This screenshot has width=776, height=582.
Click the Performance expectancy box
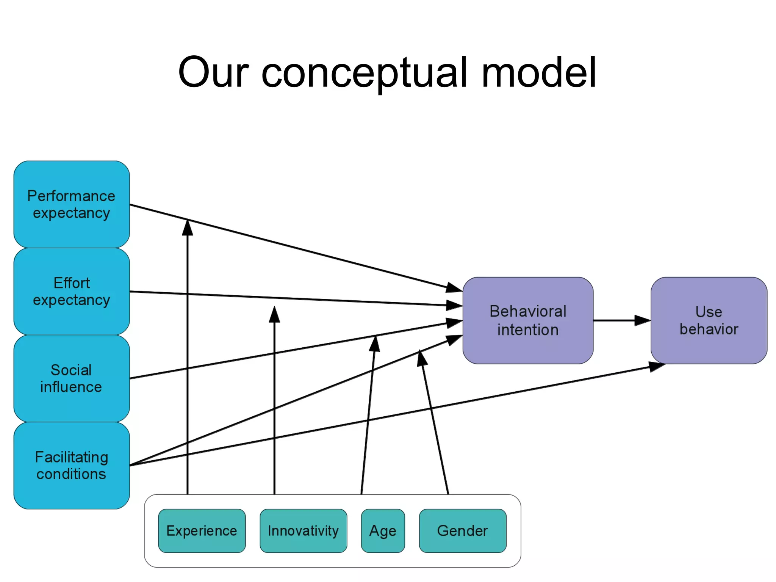click(72, 204)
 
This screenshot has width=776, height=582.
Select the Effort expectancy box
click(72, 291)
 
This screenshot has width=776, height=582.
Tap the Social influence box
click(72, 378)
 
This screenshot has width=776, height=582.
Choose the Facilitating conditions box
click(72, 465)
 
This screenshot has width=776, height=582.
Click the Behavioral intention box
click(527, 320)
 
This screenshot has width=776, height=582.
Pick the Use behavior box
click(709, 320)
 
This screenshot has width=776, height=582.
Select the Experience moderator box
click(202, 530)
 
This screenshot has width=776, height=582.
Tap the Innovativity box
click(303, 530)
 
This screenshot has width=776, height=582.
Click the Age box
click(383, 530)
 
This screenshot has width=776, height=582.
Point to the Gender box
click(462, 530)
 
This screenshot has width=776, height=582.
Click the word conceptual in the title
click(364, 73)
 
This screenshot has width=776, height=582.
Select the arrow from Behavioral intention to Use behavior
click(621, 320)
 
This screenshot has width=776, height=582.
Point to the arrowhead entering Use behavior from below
click(657, 366)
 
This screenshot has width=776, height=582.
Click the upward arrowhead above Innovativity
click(274, 315)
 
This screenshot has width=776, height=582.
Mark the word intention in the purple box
click(527, 330)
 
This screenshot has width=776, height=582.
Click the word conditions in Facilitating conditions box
click(71, 474)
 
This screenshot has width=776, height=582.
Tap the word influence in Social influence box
click(71, 387)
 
